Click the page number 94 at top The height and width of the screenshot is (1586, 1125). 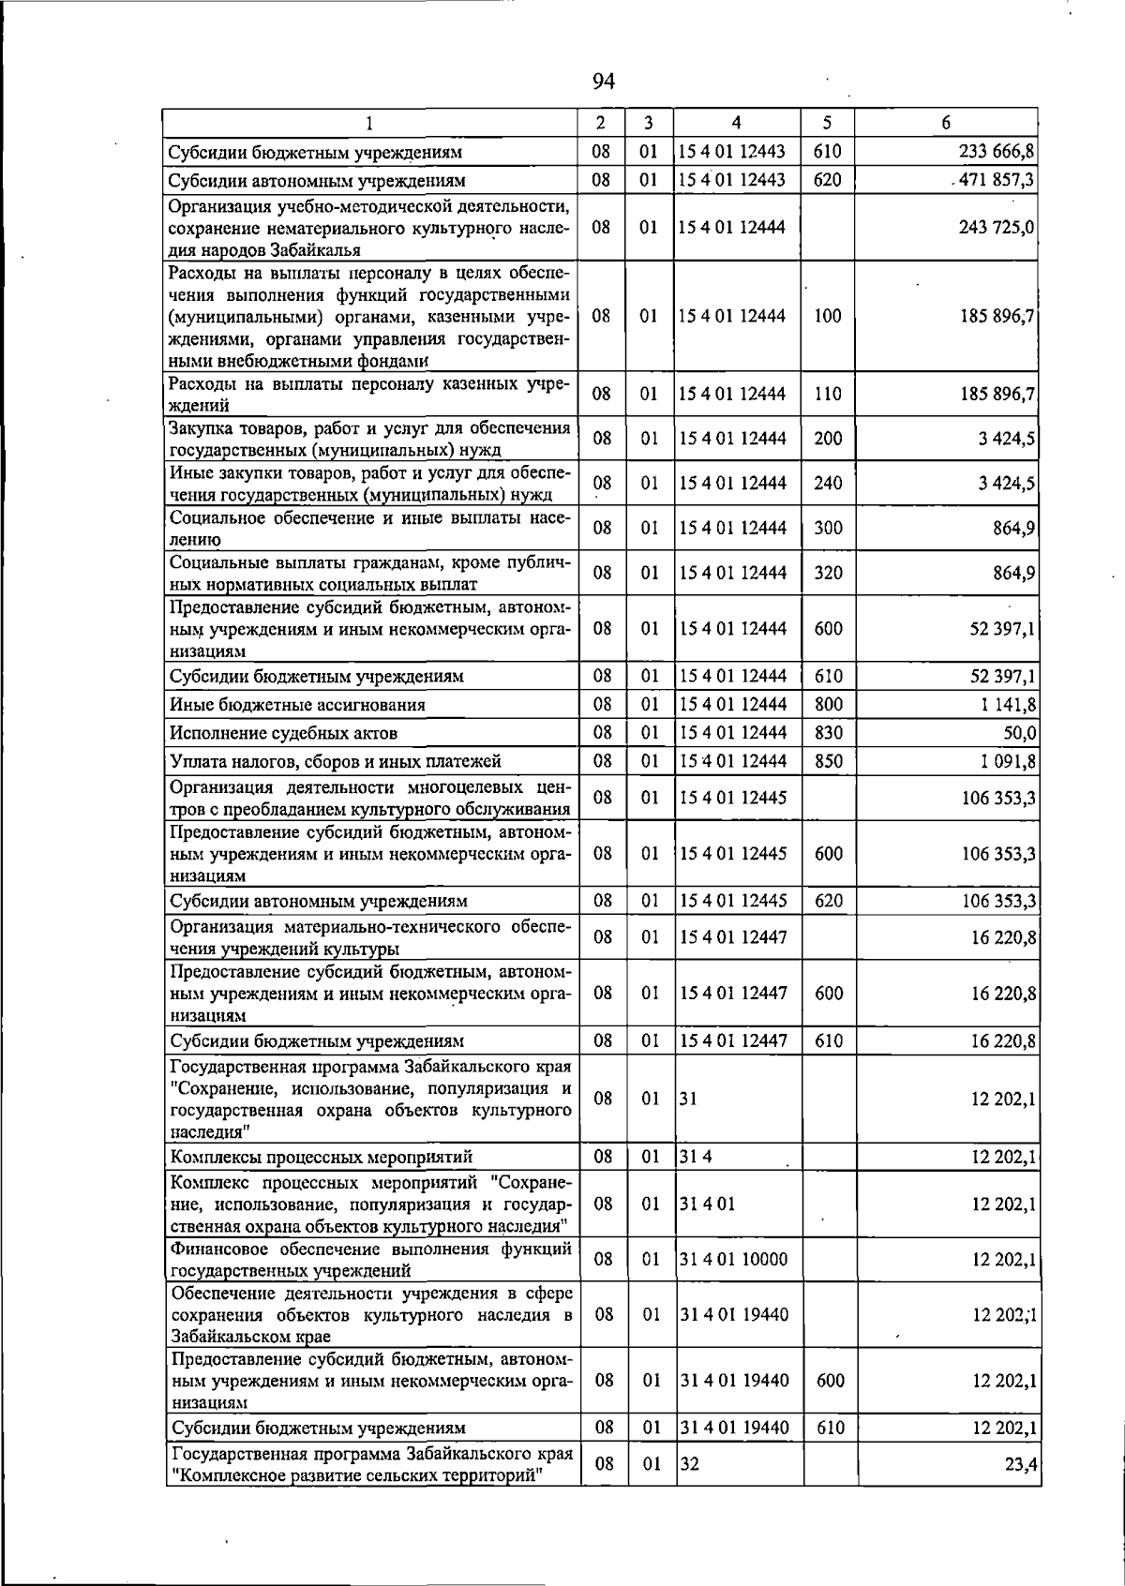click(603, 82)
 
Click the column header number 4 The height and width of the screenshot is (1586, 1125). click(737, 123)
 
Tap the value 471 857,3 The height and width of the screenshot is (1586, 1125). click(997, 180)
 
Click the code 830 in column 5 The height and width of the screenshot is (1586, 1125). click(828, 732)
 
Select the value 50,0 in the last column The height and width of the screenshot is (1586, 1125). click(1018, 733)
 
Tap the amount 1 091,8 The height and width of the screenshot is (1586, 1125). click(1005, 761)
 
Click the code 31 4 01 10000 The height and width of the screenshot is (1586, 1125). click(733, 1259)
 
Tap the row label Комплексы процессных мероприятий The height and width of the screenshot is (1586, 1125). click(321, 1157)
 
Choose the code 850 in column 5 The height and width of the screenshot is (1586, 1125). click(828, 760)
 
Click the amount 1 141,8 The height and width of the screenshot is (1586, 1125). click(1005, 705)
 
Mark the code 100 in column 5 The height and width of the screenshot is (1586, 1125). click(828, 316)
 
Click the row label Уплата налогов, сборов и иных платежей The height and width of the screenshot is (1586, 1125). click(335, 761)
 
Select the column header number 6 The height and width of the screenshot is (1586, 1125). click(946, 123)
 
